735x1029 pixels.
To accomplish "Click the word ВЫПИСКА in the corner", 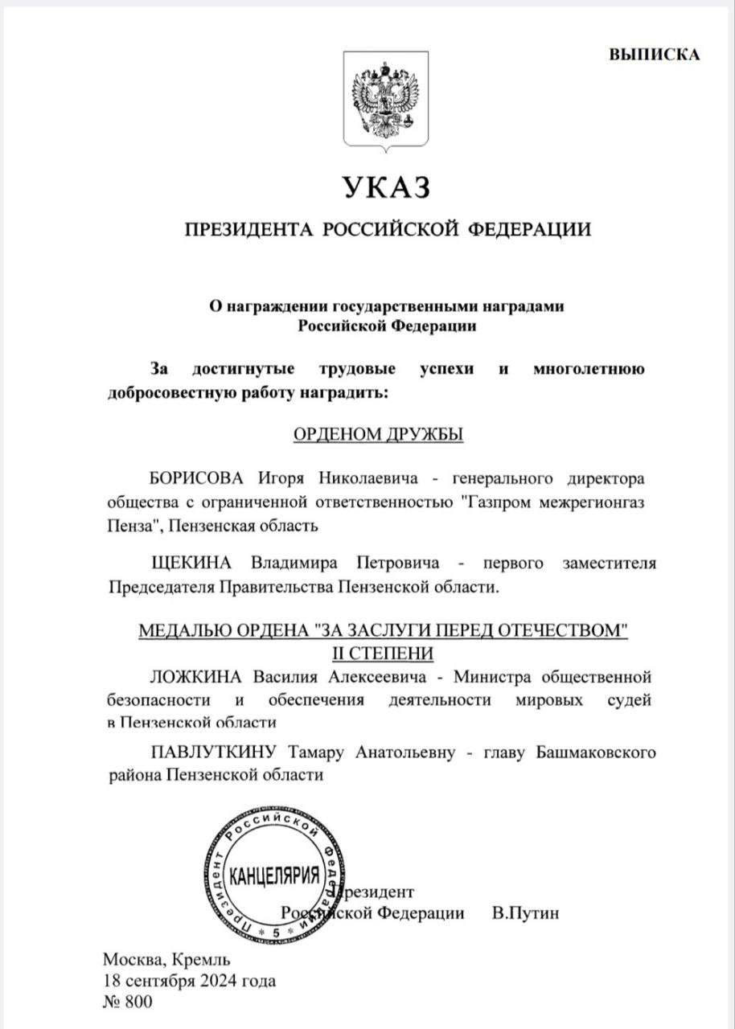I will [654, 55].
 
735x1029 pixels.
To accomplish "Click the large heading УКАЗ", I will [388, 187].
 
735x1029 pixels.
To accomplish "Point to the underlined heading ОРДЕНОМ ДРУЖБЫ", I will [378, 434].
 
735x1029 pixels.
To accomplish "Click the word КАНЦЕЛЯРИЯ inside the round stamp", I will [275, 875].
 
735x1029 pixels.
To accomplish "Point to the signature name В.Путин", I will [524, 913].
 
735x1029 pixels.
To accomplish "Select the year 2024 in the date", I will [220, 981].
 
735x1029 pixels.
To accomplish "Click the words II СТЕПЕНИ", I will [383, 651].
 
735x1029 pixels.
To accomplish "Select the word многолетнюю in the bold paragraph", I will [589, 370].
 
